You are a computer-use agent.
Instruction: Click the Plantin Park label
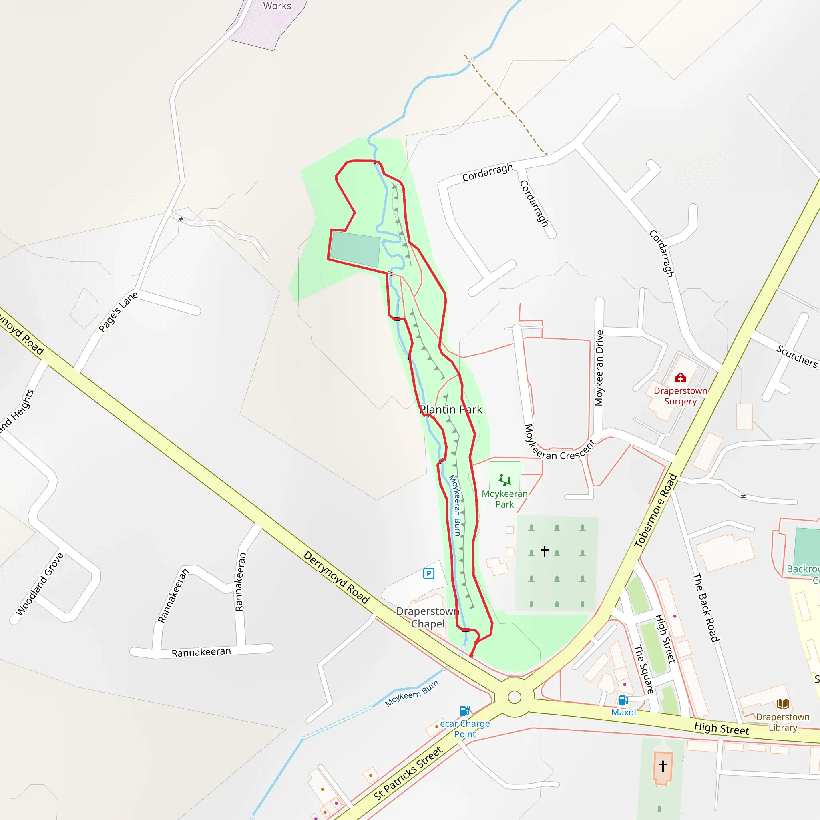(x=451, y=410)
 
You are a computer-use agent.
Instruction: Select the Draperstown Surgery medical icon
(x=680, y=377)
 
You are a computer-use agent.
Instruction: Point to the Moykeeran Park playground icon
(x=504, y=480)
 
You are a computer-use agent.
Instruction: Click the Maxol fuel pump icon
(x=623, y=700)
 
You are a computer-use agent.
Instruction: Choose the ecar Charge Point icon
(x=465, y=711)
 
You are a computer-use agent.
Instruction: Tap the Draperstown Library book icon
(x=783, y=704)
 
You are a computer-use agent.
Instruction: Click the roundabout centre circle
(x=515, y=697)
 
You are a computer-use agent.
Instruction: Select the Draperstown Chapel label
(x=428, y=617)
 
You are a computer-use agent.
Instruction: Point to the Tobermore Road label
(x=655, y=510)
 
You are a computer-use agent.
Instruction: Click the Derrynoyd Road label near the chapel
(x=336, y=577)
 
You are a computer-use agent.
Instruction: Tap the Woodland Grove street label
(x=40, y=584)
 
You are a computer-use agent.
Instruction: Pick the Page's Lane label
(x=118, y=312)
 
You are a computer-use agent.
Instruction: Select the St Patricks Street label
(x=408, y=773)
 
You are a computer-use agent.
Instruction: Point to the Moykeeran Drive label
(x=599, y=368)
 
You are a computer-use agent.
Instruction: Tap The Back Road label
(x=705, y=607)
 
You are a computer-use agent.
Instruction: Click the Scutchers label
(x=797, y=356)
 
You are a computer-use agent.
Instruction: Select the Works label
(x=277, y=6)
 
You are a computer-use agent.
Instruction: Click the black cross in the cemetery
(x=545, y=551)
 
